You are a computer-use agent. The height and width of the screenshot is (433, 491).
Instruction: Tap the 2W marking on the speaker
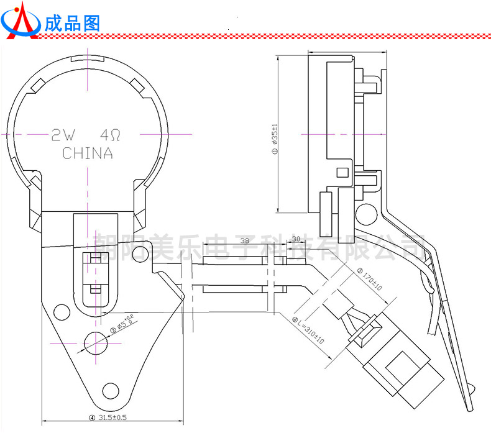63,134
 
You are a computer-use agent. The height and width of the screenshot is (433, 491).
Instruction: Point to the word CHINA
88,153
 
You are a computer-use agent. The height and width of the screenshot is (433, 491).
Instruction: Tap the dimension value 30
296,239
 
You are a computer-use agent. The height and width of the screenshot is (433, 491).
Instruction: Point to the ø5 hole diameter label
124,324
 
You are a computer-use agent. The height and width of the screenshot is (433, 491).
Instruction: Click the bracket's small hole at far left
62,311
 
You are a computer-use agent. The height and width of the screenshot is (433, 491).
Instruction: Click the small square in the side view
341,171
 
